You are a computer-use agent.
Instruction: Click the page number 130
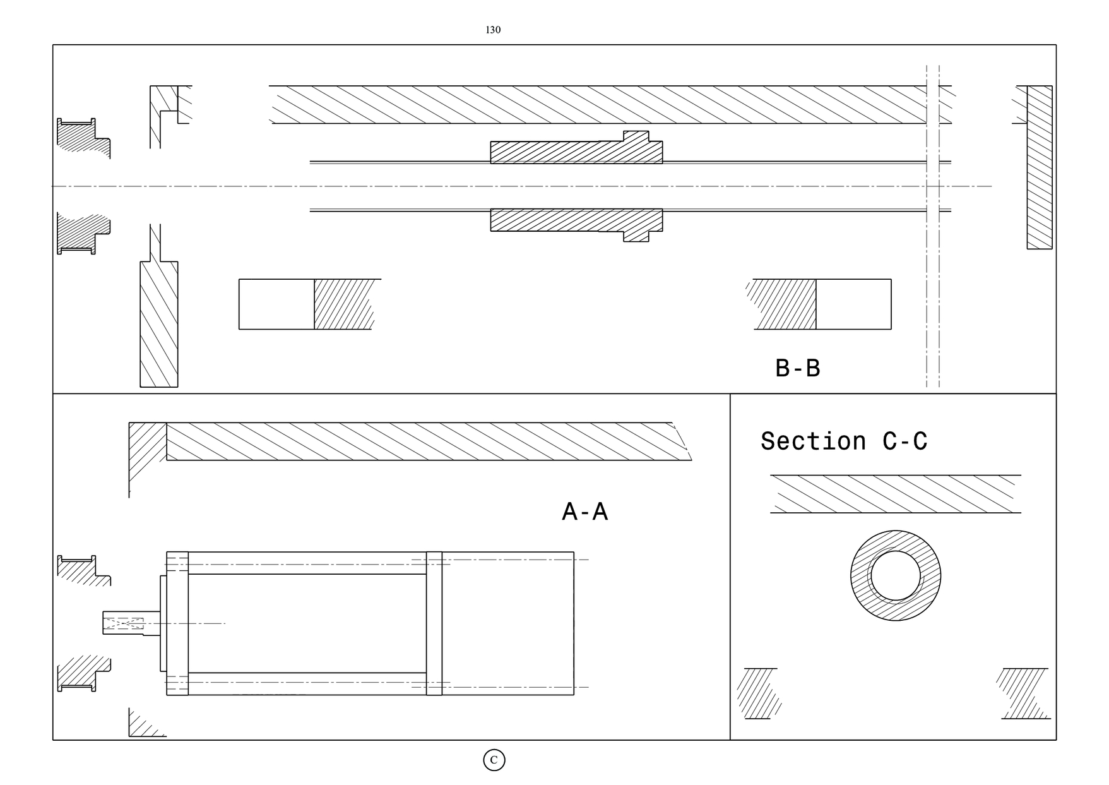pyautogui.click(x=493, y=30)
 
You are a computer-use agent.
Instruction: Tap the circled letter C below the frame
pyautogui.click(x=494, y=760)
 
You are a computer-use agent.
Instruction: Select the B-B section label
pyautogui.click(x=798, y=368)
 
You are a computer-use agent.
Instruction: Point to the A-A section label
pyautogui.click(x=585, y=512)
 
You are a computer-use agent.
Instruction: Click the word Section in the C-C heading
pyautogui.click(x=813, y=441)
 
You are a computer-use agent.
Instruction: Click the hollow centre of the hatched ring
pyautogui.click(x=896, y=576)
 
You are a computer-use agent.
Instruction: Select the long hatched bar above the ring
pyautogui.click(x=896, y=494)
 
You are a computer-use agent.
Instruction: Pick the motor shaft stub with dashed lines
pyautogui.click(x=131, y=623)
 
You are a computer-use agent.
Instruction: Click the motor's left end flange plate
pyautogui.click(x=177, y=623)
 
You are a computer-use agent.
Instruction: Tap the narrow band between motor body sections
pyautogui.click(x=434, y=623)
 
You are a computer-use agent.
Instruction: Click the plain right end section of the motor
pyautogui.click(x=508, y=623)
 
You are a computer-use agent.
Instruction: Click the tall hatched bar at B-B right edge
pyautogui.click(x=1040, y=167)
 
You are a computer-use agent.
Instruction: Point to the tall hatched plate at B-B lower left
pyautogui.click(x=159, y=324)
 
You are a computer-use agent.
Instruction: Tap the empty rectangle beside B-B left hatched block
pyautogui.click(x=276, y=304)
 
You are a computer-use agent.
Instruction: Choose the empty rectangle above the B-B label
pyautogui.click(x=853, y=304)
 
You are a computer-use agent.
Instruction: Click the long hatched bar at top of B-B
pyautogui.click(x=610, y=104)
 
